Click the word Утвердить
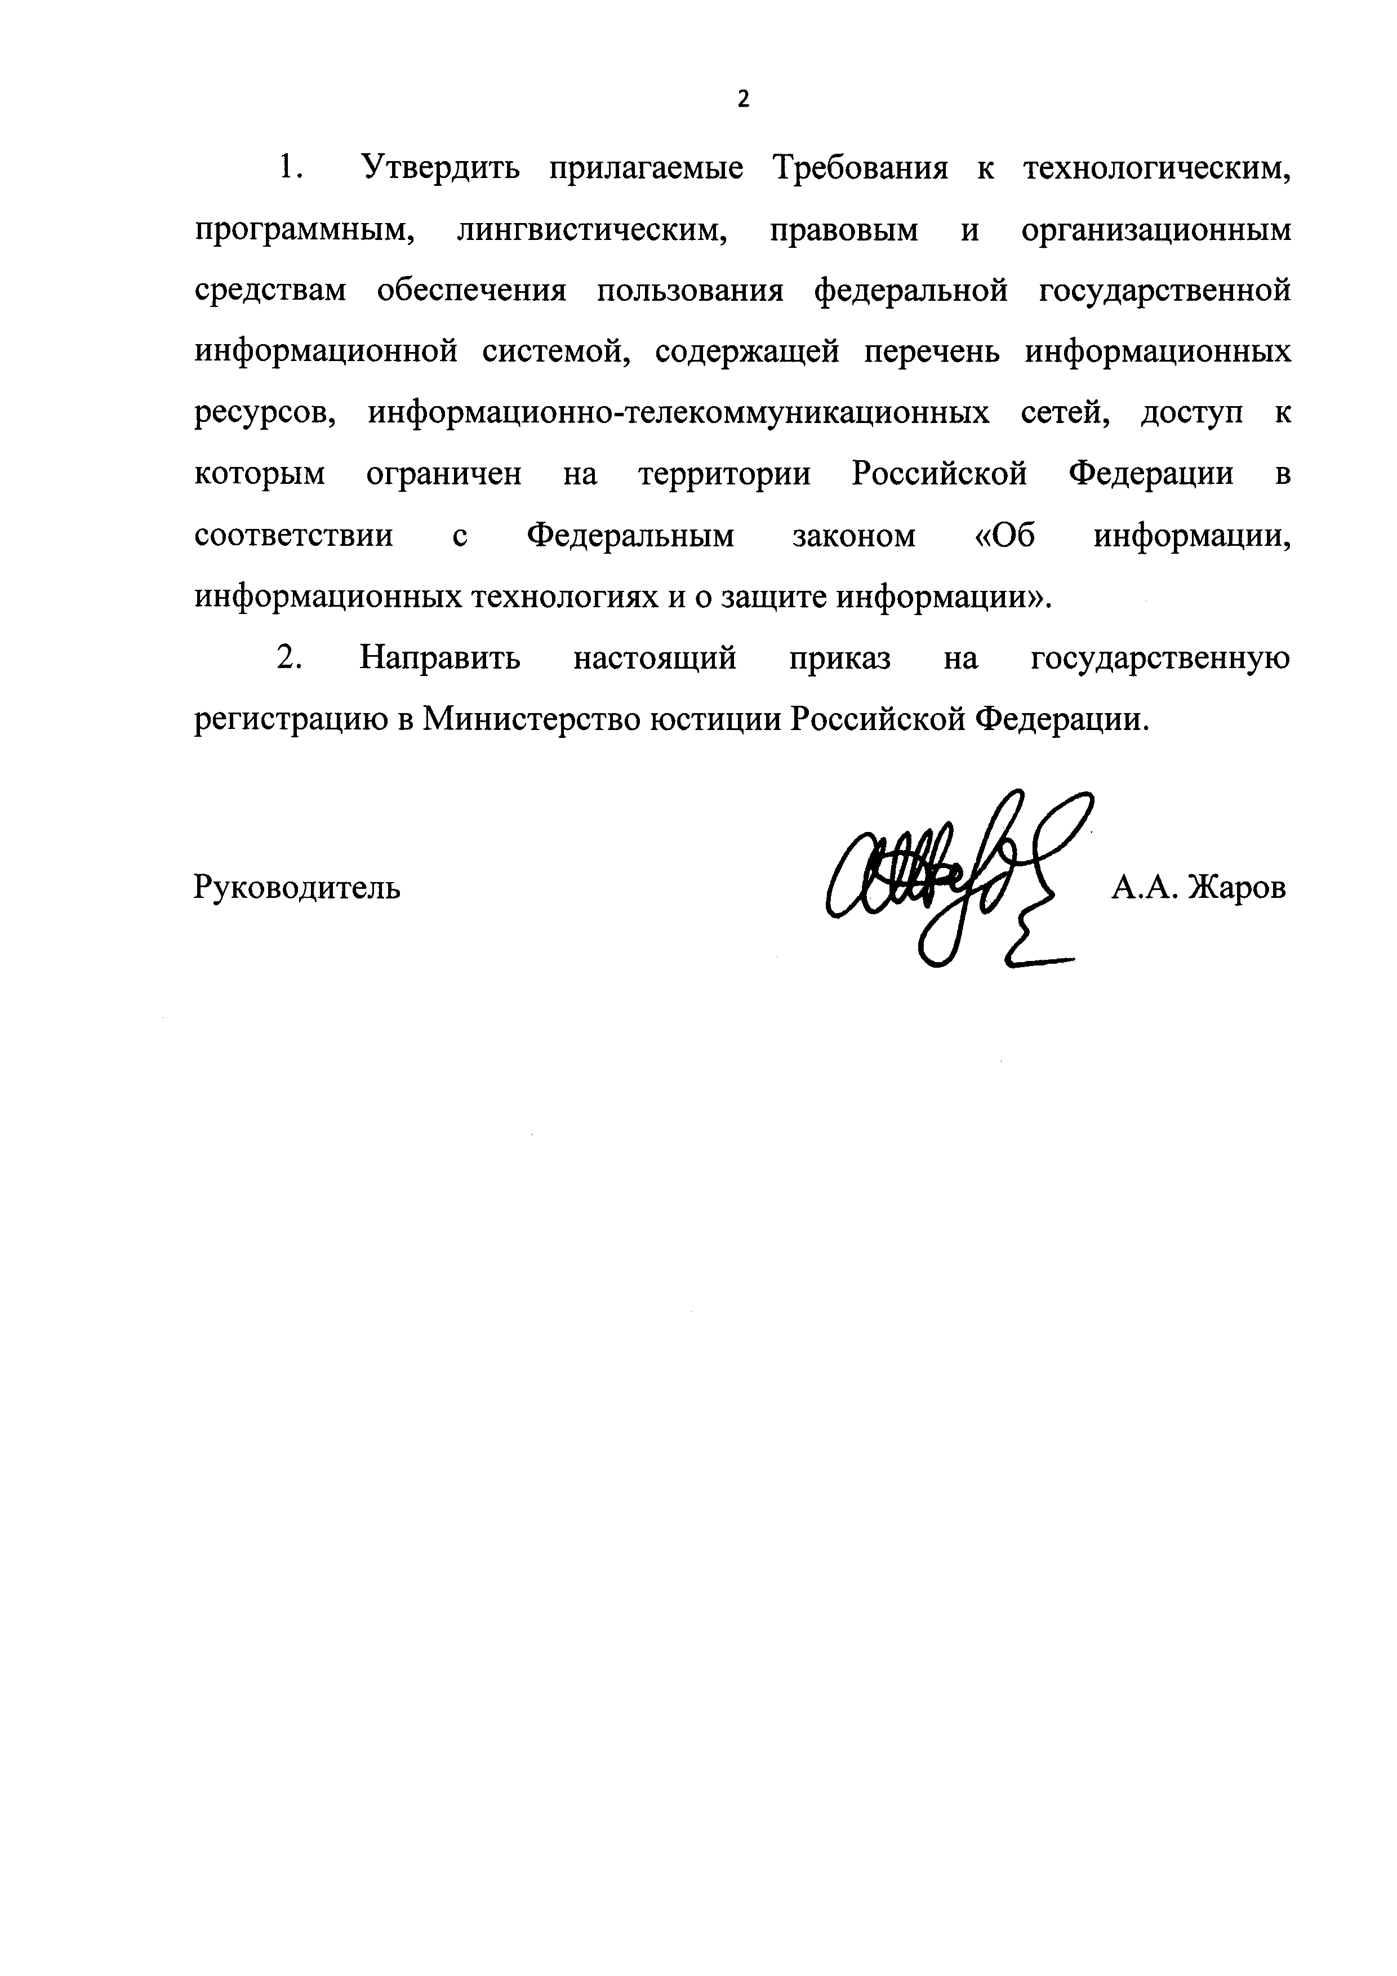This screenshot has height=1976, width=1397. [x=440, y=168]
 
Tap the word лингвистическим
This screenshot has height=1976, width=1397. [x=592, y=230]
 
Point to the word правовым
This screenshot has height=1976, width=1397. [x=843, y=230]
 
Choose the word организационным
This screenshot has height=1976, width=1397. [x=1156, y=230]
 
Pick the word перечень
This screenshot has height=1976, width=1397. [x=931, y=353]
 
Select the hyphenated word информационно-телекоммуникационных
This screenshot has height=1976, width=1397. [x=678, y=414]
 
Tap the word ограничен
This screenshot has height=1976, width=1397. [x=443, y=475]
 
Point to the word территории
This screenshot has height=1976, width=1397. [x=725, y=475]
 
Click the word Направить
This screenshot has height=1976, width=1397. [x=440, y=659]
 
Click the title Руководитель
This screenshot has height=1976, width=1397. [x=297, y=887]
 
